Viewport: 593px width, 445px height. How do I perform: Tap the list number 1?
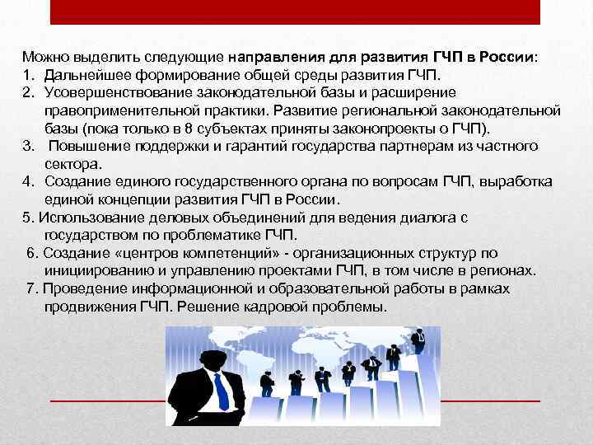point(27,74)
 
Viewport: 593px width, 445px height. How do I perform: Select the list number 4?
point(27,181)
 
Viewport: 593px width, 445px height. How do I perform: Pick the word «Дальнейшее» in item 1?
point(83,74)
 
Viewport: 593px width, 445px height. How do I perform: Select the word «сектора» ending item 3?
point(69,162)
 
